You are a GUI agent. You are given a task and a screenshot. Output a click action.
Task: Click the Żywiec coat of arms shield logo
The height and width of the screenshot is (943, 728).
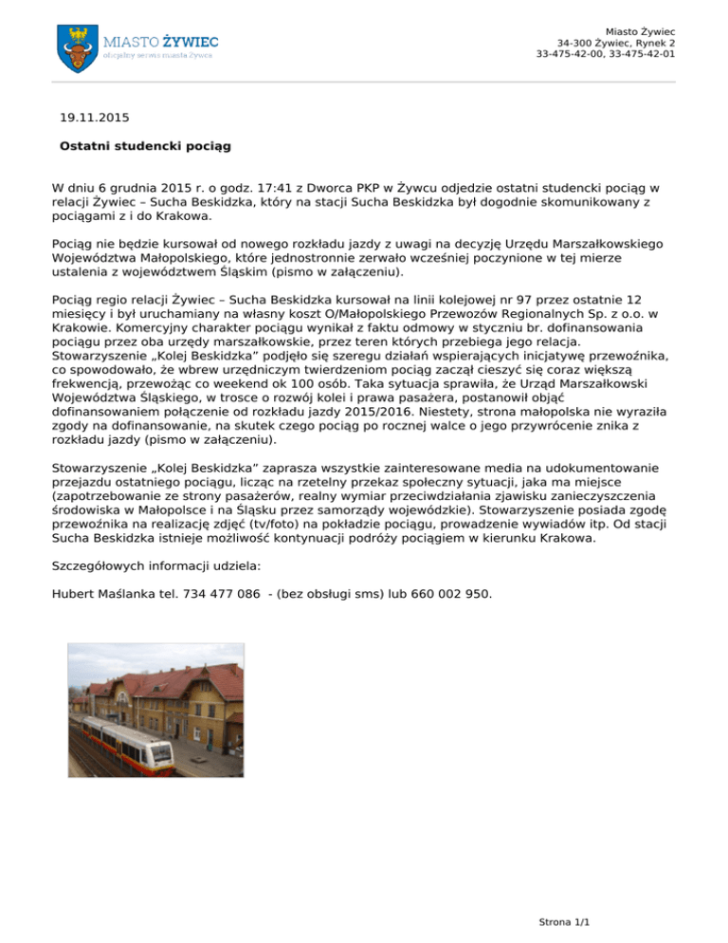(78, 46)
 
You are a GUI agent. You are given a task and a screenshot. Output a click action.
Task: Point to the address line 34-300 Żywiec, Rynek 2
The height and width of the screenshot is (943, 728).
(616, 43)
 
